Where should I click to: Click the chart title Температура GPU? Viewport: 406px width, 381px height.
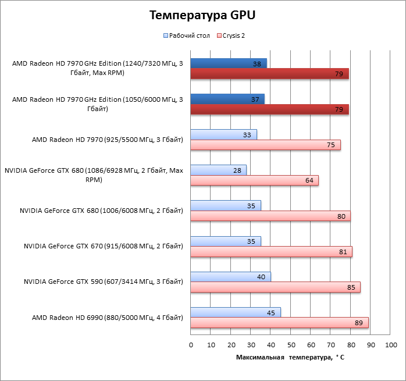pyautogui.click(x=202, y=15)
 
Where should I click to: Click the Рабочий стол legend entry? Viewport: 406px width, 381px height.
pyautogui.click(x=187, y=35)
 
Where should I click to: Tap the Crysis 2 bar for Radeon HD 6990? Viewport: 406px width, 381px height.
pyautogui.click(x=279, y=323)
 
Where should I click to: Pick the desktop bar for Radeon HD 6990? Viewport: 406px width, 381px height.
pyautogui.click(x=236, y=312)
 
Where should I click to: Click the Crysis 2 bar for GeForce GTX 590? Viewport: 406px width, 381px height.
pyautogui.click(x=275, y=287)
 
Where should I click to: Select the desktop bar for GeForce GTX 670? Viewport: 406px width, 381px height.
pyautogui.click(x=226, y=241)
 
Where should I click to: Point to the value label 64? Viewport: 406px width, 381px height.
pyautogui.click(x=309, y=180)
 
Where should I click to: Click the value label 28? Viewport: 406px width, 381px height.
pyautogui.click(x=237, y=170)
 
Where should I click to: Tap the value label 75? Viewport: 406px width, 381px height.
pyautogui.click(x=331, y=145)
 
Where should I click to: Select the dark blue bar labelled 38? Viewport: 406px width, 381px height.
pyautogui.click(x=229, y=63)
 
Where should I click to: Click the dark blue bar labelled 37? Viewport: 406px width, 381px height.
pyautogui.click(x=227, y=99)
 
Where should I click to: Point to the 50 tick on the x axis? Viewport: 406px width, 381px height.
pyautogui.click(x=290, y=345)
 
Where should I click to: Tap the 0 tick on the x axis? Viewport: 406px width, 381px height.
pyautogui.click(x=191, y=345)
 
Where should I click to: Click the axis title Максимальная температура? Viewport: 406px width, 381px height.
pyautogui.click(x=290, y=357)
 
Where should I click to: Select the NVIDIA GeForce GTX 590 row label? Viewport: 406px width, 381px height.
pyautogui.click(x=104, y=282)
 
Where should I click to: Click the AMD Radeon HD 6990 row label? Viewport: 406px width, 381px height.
pyautogui.click(x=108, y=318)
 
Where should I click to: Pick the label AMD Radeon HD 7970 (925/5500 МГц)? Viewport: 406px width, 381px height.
pyautogui.click(x=108, y=140)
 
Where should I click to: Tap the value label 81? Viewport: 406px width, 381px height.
pyautogui.click(x=342, y=252)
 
